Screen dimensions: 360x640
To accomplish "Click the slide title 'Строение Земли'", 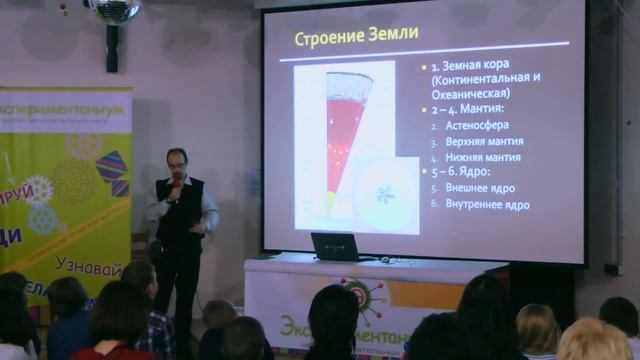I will (355, 36).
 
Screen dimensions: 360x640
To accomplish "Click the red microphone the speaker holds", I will (177, 181).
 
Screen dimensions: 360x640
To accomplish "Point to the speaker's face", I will (177, 163).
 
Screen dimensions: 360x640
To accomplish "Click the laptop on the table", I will (336, 246).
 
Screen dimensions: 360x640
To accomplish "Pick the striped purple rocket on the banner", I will (112, 172).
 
